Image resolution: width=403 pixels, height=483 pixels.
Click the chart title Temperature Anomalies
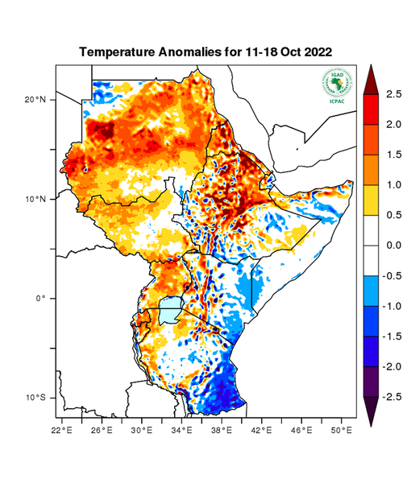[x=206, y=52]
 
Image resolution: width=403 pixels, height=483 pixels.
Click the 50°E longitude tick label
[x=341, y=431]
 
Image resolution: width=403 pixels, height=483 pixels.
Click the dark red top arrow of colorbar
[x=371, y=78]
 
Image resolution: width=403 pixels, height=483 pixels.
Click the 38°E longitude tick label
[x=222, y=431]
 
